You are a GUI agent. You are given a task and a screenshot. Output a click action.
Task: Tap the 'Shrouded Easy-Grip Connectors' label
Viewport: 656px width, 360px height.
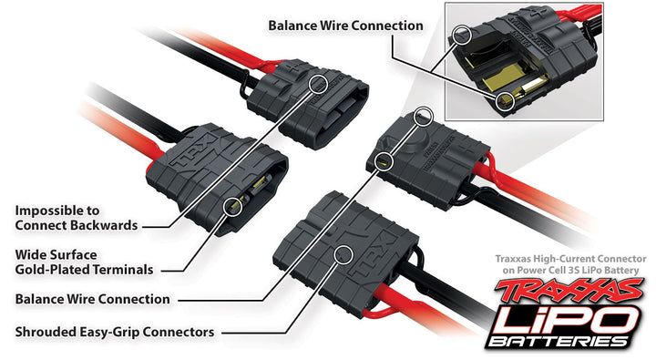pyautogui.click(x=115, y=332)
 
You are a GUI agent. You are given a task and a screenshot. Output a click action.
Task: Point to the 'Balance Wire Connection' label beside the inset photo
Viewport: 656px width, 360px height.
pyautogui.click(x=345, y=25)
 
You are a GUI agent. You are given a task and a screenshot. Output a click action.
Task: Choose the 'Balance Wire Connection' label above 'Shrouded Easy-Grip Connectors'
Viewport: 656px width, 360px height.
pyautogui.click(x=93, y=298)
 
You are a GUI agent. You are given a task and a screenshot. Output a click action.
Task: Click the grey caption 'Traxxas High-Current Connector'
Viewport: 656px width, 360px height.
pyautogui.click(x=569, y=260)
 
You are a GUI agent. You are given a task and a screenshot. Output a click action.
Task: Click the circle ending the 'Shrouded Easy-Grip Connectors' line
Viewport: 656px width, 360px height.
pyautogui.click(x=343, y=255)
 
